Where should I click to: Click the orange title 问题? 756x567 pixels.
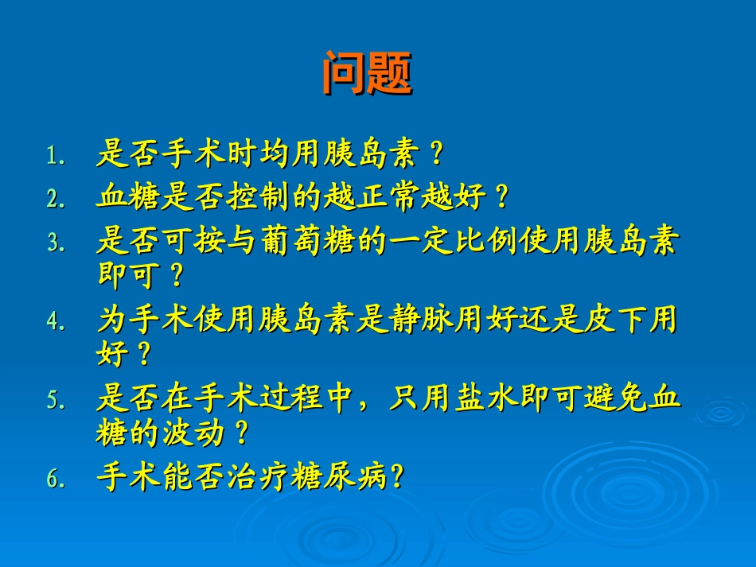pyautogui.click(x=367, y=74)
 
